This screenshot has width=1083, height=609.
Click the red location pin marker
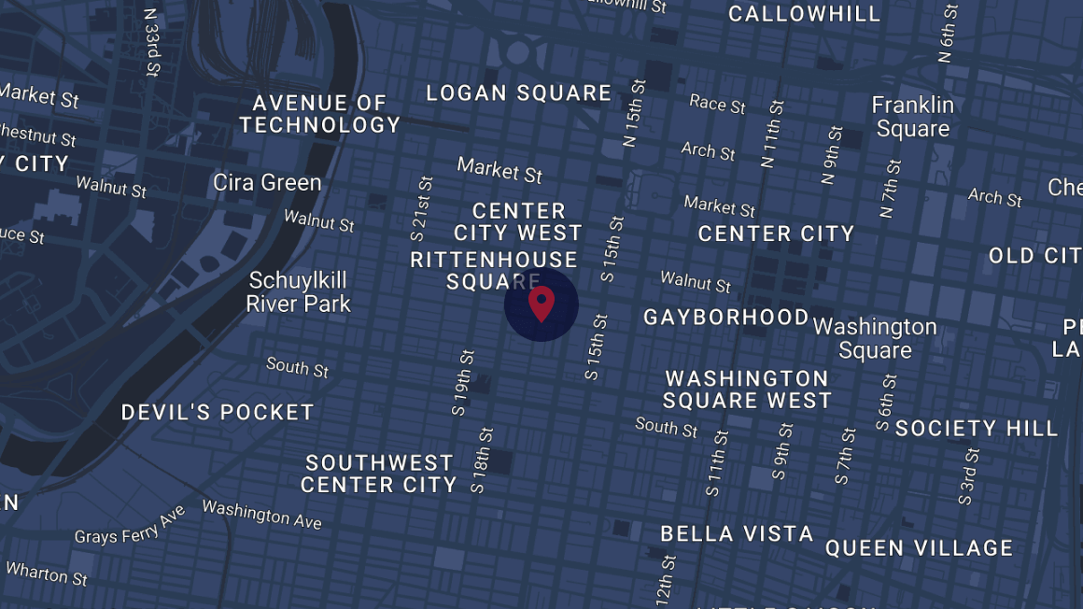pos(541,304)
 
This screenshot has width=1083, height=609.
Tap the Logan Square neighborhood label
pos(519,93)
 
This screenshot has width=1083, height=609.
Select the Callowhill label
pos(804,14)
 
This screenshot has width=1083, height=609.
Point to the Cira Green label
pos(267,182)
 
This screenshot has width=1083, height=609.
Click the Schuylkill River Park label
pos(298,291)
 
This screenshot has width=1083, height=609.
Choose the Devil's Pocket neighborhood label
pos(218,412)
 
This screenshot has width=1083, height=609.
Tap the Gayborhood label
pos(725,318)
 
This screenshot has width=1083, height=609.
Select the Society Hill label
pos(977,429)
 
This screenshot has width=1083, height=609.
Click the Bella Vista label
pos(737,534)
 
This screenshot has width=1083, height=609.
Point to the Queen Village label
pos(919,548)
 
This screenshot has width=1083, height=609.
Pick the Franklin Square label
pos(912,117)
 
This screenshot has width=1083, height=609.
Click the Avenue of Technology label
pos(319,114)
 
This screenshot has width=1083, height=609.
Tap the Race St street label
pos(717,103)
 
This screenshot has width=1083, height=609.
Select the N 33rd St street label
pos(151,42)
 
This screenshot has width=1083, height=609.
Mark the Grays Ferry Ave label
pos(130,525)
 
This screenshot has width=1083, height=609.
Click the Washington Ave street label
pos(261,514)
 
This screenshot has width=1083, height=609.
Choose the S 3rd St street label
pos(968,476)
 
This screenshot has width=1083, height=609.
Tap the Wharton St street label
pos(47,573)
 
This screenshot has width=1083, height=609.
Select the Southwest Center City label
pos(379,474)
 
